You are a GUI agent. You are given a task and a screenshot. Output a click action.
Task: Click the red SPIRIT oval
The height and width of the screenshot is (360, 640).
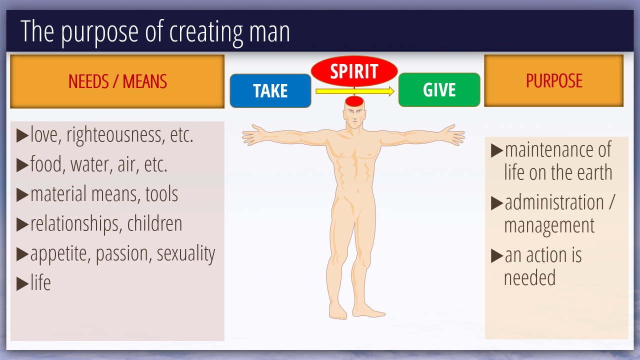click(354, 71)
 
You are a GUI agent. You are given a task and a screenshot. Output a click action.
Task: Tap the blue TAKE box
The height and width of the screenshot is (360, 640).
click(270, 90)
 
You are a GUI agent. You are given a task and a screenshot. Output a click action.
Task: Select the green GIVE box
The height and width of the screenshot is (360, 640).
click(439, 89)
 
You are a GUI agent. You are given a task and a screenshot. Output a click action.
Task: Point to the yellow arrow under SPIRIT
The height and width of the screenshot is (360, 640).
click(355, 91)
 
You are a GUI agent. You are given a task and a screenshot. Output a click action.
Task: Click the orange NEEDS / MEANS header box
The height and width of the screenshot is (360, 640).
click(117, 81)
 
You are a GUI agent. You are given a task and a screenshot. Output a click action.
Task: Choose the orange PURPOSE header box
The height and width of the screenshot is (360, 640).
click(553, 80)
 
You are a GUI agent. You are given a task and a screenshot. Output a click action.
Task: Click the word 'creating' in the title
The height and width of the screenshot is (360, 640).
click(206, 32)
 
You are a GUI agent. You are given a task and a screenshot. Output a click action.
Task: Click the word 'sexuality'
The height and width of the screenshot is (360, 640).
click(186, 253)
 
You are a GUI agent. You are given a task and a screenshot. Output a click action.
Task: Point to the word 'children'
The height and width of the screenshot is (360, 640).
click(154, 223)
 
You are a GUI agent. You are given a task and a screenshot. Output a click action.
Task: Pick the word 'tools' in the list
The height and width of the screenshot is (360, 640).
click(161, 194)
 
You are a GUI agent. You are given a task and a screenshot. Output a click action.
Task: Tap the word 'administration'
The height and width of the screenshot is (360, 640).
click(554, 202)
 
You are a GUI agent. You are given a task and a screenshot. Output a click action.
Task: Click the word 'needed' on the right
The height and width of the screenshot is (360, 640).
click(529, 277)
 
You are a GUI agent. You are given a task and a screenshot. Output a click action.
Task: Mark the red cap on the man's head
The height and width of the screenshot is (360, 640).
click(354, 101)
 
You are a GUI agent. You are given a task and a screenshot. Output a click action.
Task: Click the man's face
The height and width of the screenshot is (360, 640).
click(354, 117)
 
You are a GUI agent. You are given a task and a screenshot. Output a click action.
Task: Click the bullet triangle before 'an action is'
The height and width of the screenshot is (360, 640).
click(497, 255)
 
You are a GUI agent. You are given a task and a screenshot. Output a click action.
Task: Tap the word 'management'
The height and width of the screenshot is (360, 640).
click(549, 225)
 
